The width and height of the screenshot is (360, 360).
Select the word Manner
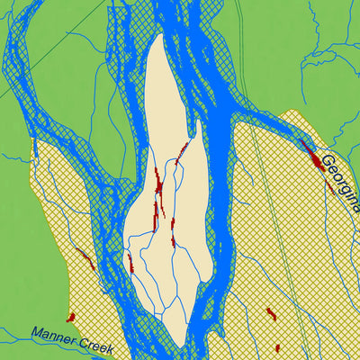pyautogui.click(x=57, y=333)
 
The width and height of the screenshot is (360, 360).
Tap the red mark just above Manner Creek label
pyautogui.click(x=70, y=317)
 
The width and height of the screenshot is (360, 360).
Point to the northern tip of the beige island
pyautogui.click(x=159, y=37)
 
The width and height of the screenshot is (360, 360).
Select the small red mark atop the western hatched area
pyautogui.click(x=34, y=146)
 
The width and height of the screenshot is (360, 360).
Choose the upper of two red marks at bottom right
pyautogui.click(x=270, y=313)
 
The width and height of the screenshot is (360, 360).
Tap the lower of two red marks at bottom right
pyautogui.click(x=277, y=347)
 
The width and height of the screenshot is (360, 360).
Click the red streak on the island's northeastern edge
pyautogui.click(x=183, y=148)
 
